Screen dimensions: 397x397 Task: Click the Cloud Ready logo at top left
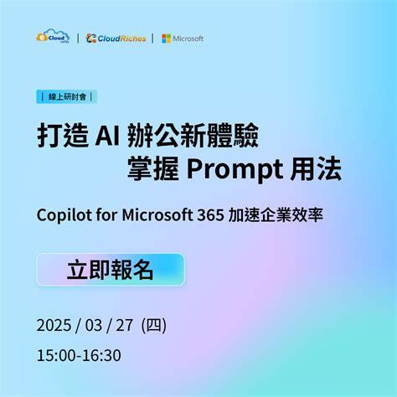[x=53, y=38]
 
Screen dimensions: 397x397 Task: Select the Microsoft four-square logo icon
[x=167, y=39]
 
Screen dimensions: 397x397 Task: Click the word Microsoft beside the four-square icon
[x=188, y=39]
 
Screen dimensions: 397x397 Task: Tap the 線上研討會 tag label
[x=67, y=96]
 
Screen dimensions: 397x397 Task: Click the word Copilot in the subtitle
[x=64, y=214]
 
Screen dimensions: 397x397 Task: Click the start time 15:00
[x=55, y=355]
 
